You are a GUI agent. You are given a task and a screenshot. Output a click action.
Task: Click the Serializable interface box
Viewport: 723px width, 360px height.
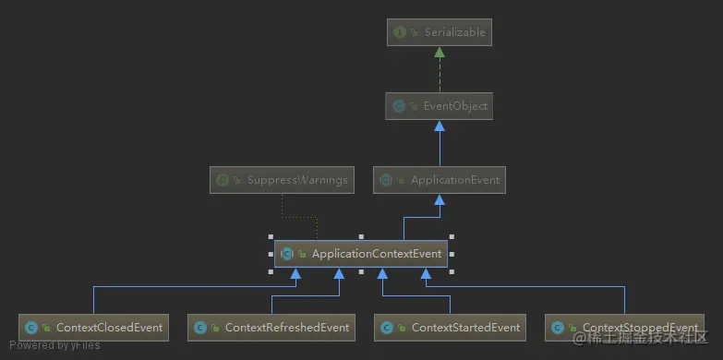(x=440, y=33)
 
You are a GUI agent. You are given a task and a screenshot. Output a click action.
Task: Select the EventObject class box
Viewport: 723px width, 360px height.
(x=440, y=107)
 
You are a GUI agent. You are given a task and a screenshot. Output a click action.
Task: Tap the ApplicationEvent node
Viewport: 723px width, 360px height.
(x=440, y=180)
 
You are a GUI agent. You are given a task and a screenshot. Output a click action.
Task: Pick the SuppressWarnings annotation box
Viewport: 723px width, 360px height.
(x=283, y=180)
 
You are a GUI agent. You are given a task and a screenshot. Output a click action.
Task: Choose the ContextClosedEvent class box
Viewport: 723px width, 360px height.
(x=94, y=327)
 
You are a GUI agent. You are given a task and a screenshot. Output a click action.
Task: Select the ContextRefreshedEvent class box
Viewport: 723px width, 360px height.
(x=271, y=327)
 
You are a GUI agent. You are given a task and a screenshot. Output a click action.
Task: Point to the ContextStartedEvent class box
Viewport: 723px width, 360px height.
(x=451, y=327)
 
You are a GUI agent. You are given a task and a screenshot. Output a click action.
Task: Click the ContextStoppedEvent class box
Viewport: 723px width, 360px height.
(x=624, y=327)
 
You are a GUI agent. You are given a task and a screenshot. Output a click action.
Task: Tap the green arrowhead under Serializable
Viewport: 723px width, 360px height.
(x=440, y=54)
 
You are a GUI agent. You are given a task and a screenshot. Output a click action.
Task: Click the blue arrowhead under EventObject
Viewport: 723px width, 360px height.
(x=440, y=127)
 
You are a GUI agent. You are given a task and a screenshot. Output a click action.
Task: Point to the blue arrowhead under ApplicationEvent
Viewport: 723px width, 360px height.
(x=440, y=200)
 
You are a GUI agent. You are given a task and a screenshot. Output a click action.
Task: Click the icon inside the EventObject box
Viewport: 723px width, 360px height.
(x=399, y=107)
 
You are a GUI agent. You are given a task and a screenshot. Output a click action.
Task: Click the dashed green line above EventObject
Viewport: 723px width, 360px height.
(x=440, y=76)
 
